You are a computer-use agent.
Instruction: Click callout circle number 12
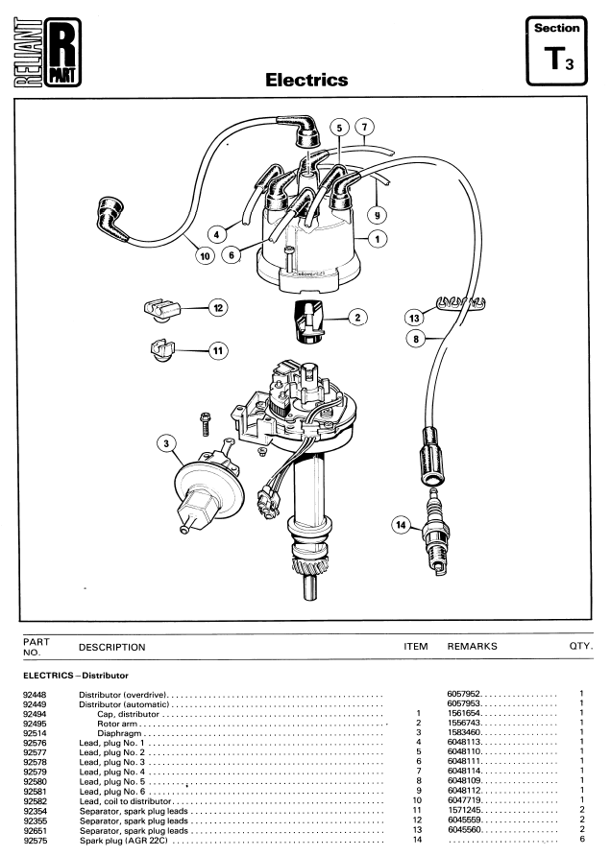pyautogui.click(x=219, y=308)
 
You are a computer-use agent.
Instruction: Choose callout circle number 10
pyautogui.click(x=204, y=257)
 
